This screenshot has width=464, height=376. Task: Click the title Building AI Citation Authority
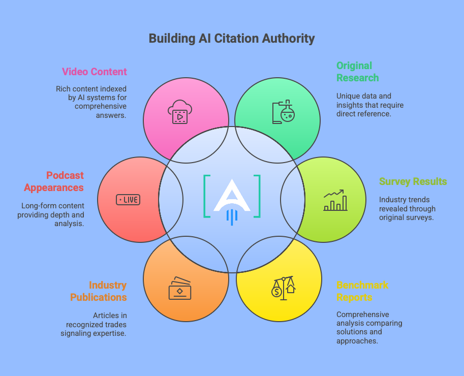click(232, 39)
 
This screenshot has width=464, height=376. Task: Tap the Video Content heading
click(94, 72)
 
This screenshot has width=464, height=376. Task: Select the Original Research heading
click(357, 72)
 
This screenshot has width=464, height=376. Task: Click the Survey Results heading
click(413, 181)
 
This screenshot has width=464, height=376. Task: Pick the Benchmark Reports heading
click(362, 291)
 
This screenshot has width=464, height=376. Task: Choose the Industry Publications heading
click(99, 291)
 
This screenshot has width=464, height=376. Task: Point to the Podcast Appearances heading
click(54, 181)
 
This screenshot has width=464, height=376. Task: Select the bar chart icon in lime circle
click(335, 200)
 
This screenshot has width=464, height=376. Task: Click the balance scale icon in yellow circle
click(283, 288)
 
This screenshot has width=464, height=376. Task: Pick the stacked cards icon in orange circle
click(180, 288)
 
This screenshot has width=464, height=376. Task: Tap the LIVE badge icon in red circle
click(128, 200)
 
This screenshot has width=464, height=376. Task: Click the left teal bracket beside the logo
click(206, 196)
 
